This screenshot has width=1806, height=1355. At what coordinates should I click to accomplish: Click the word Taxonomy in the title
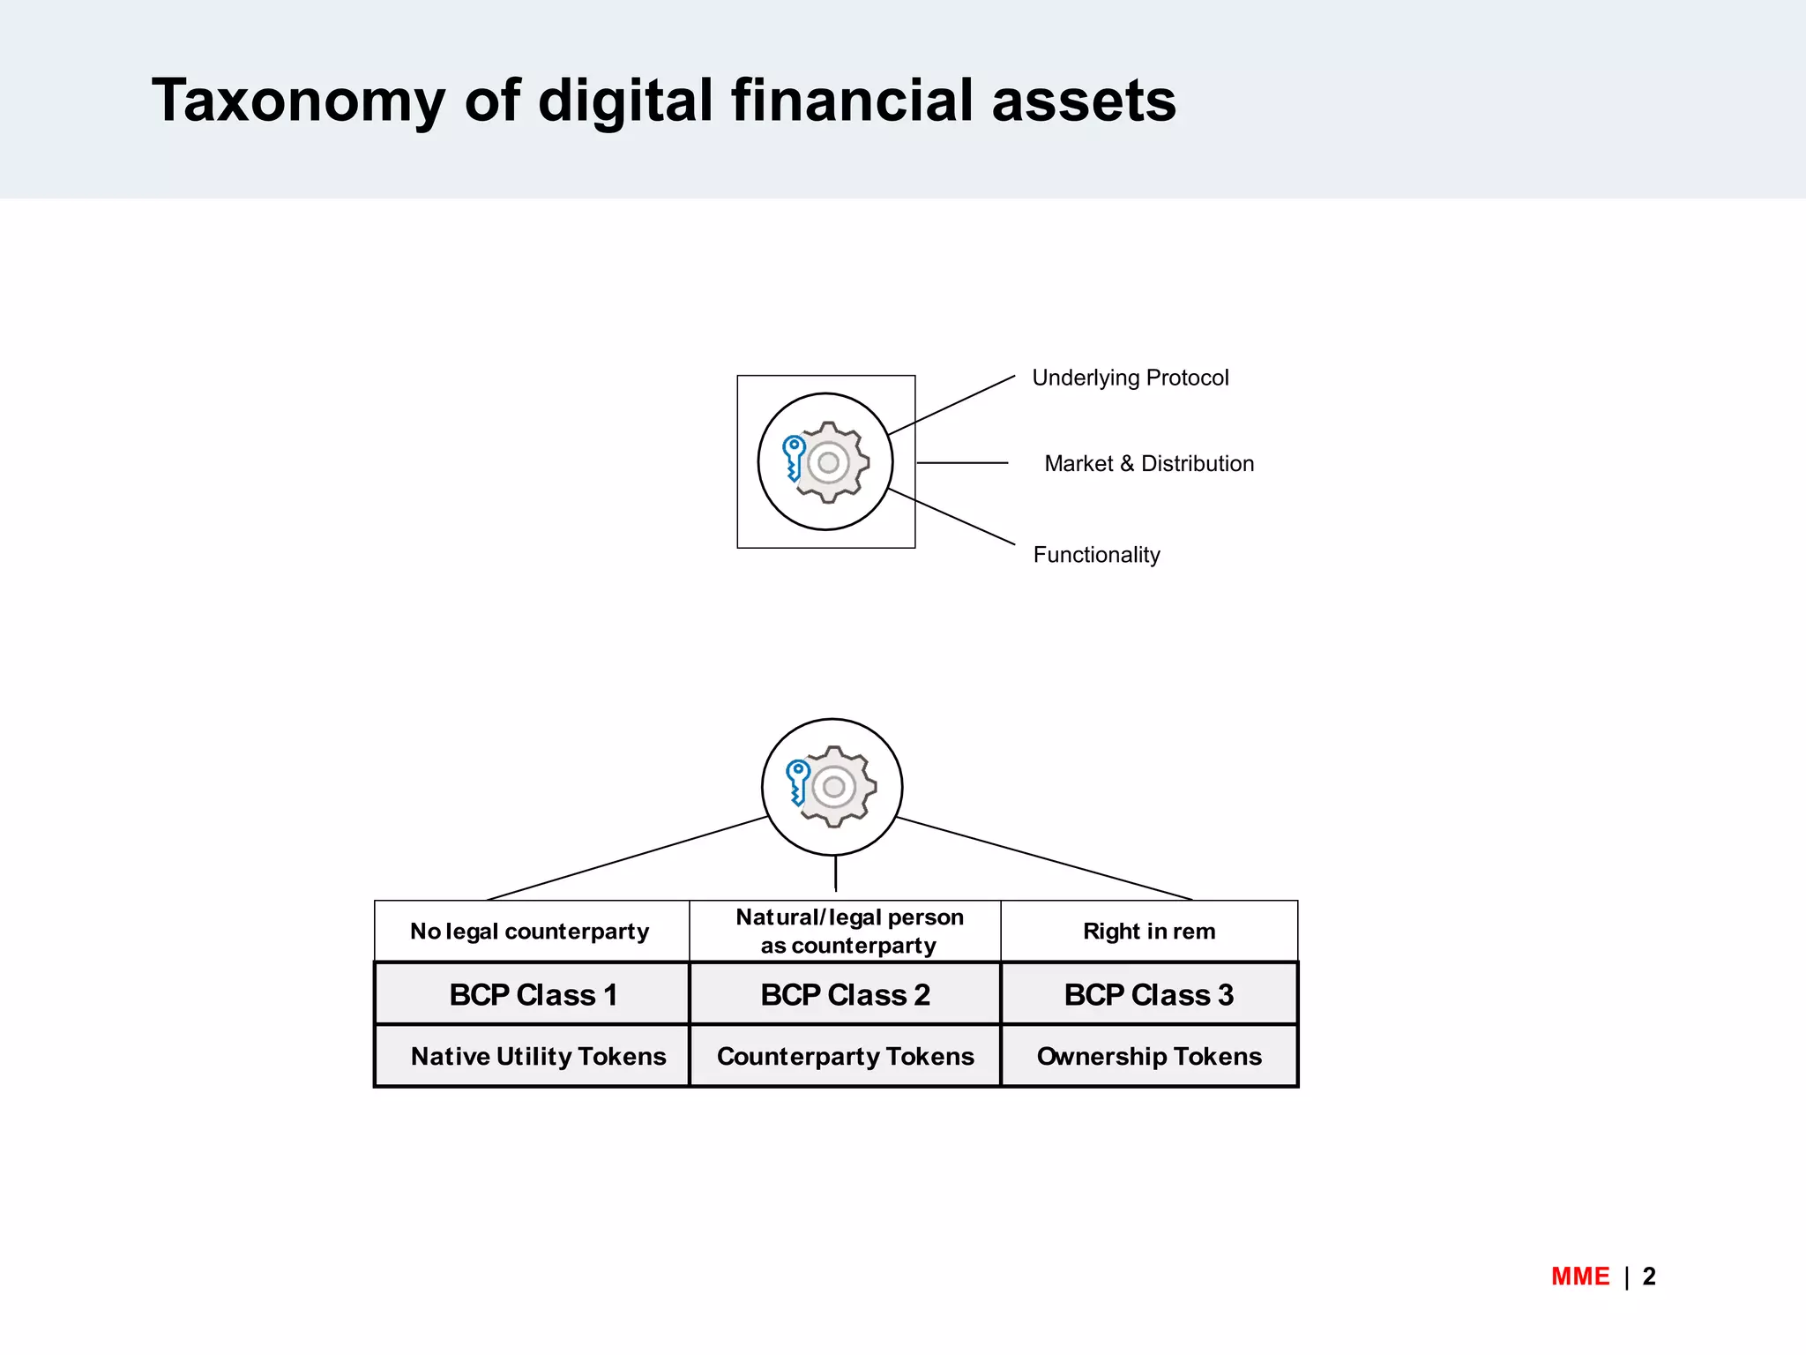(298, 101)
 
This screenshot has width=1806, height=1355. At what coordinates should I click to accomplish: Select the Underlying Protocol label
(1130, 378)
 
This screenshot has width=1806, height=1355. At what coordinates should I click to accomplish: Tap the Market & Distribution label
(1148, 464)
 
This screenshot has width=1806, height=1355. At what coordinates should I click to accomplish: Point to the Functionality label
(1096, 555)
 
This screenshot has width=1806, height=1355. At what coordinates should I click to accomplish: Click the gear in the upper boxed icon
(831, 462)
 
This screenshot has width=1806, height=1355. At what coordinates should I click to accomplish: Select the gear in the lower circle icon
(837, 787)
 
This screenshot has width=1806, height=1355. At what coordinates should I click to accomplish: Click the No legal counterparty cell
(530, 932)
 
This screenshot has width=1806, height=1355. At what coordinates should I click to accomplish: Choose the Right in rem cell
(1149, 932)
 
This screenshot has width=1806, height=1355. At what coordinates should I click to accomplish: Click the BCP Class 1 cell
(533, 995)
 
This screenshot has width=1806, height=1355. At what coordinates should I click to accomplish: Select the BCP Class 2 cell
(845, 995)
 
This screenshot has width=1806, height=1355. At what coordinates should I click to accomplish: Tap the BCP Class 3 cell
(1149, 995)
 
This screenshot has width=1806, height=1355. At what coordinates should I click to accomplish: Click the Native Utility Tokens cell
(538, 1057)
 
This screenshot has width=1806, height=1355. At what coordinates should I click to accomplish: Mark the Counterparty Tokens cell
(845, 1057)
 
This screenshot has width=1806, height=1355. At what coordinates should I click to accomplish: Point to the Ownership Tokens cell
(1149, 1057)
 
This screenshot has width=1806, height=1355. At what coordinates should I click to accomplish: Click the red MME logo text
(1579, 1276)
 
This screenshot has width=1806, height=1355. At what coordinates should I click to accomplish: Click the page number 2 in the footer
(1649, 1276)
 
